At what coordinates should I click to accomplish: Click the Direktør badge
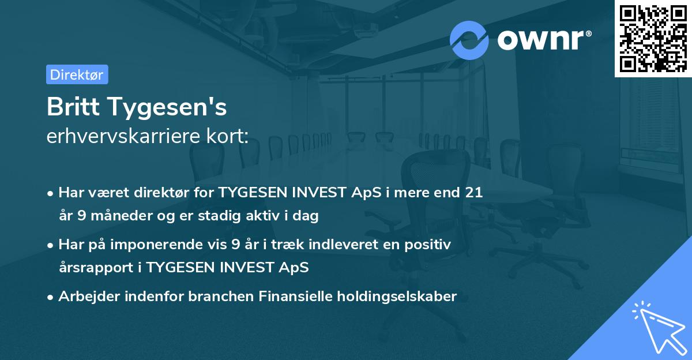click(x=77, y=74)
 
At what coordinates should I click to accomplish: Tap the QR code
click(x=653, y=38)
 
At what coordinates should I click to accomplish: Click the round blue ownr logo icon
click(x=469, y=40)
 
